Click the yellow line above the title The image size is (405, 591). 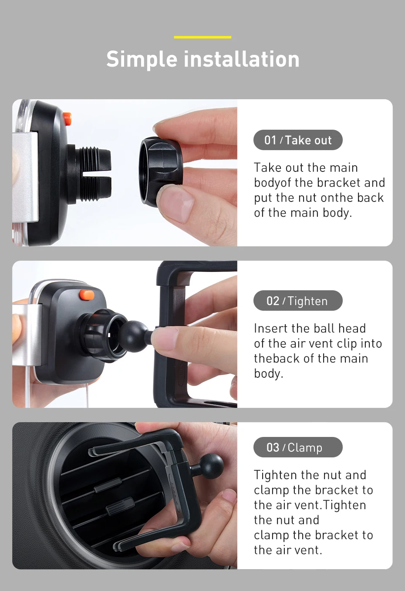[202, 37]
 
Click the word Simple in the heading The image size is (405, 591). [142, 60]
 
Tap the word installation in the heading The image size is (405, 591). [241, 59]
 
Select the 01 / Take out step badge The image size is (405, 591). [298, 140]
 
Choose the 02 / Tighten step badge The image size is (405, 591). [298, 301]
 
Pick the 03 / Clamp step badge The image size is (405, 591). [298, 447]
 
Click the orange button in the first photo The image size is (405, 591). [67, 118]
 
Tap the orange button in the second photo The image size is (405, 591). [87, 295]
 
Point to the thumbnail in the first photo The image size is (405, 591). [175, 203]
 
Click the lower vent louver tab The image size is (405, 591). [120, 507]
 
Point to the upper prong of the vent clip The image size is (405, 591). [127, 447]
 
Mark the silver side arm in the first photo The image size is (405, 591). [25, 176]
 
